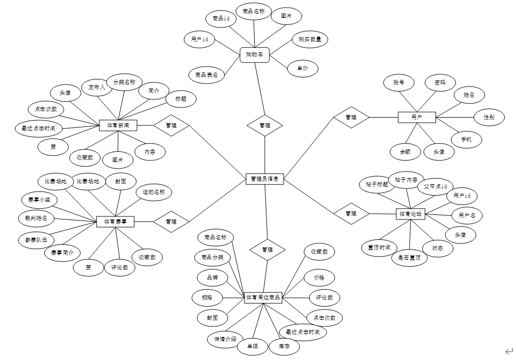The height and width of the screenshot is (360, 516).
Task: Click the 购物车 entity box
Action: [x=254, y=54]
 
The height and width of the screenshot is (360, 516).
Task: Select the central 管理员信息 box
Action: [x=265, y=179]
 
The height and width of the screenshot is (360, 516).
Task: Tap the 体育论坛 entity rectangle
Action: [x=411, y=214]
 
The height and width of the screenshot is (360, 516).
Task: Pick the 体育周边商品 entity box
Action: [x=263, y=297]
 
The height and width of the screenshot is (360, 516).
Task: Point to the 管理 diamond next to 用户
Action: [x=351, y=117]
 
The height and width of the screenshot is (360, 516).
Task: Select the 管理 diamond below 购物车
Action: [x=265, y=125]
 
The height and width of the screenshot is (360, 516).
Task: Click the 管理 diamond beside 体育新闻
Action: [x=171, y=125]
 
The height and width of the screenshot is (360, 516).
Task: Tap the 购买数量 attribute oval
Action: [x=310, y=39]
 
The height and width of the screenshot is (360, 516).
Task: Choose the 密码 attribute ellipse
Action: [x=440, y=82]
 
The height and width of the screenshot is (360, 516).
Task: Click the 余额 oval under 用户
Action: [x=405, y=151]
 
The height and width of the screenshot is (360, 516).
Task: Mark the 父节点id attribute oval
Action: [x=435, y=186]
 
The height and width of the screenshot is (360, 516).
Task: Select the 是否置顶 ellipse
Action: [x=409, y=258]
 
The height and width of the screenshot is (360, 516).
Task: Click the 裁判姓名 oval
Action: [x=36, y=218]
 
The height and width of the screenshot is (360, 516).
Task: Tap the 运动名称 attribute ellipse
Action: [x=154, y=192]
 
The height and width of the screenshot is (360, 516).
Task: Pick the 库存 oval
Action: [x=284, y=347]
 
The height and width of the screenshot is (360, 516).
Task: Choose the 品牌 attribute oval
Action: [x=212, y=278]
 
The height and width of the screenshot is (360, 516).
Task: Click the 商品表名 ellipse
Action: [x=206, y=75]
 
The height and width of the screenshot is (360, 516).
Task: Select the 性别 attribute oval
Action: [x=490, y=117]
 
